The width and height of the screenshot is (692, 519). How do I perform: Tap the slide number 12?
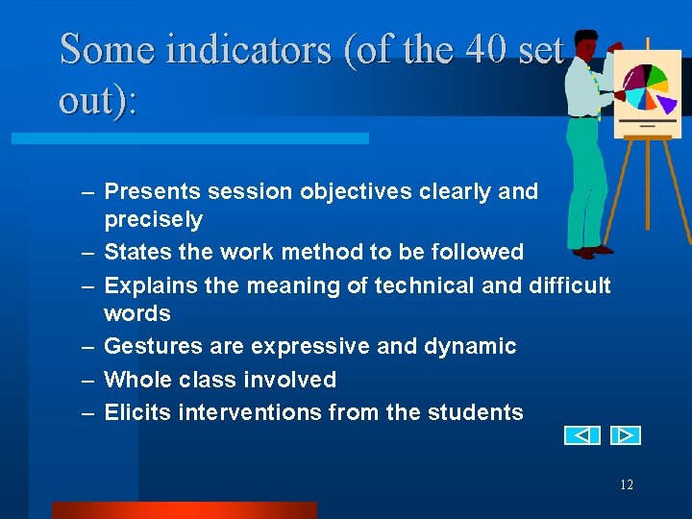pos(627,484)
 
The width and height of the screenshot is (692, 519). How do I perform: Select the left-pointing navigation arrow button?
pos(581,435)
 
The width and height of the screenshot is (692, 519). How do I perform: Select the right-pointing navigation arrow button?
pos(625,435)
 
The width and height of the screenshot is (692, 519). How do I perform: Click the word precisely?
pos(153,220)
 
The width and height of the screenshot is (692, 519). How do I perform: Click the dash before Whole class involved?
pos(87,380)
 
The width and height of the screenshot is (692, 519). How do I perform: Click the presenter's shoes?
pos(588,251)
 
